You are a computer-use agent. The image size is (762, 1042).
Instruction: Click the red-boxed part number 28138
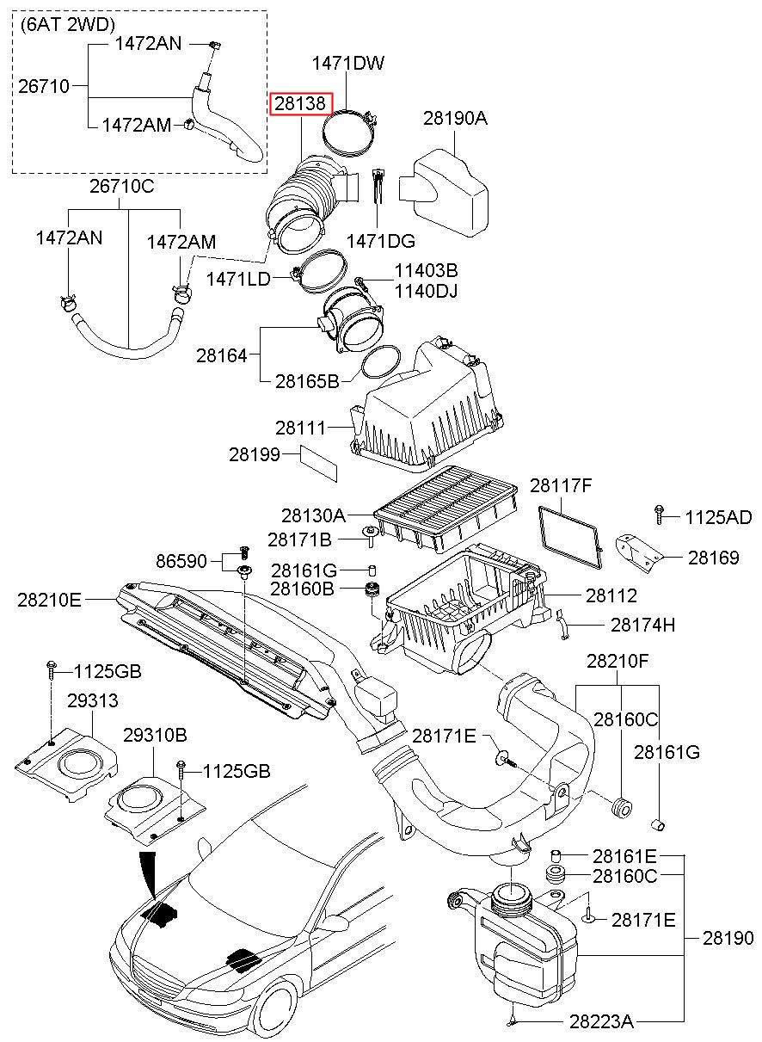coord(300,103)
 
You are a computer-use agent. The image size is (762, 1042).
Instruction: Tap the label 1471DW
coord(347,63)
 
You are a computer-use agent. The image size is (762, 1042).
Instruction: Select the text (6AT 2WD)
coord(68,24)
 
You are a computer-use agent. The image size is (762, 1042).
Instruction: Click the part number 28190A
coord(455,118)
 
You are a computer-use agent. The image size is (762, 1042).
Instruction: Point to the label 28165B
coord(307,381)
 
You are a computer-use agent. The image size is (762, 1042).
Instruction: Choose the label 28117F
coord(561,485)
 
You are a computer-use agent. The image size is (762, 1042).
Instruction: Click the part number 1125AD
coord(718,517)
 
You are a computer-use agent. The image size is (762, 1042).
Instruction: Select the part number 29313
coord(93,700)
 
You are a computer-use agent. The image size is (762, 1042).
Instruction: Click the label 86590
coord(181,561)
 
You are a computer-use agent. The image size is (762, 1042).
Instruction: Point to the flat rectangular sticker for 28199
coord(318,463)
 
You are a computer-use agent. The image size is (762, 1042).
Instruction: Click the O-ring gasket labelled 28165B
coord(380,362)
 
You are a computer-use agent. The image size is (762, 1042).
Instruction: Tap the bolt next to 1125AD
coord(659,515)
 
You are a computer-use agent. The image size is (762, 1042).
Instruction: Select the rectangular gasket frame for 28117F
coord(571,538)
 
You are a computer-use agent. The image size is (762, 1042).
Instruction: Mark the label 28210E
coord(49,600)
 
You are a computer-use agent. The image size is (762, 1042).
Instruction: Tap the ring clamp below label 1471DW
coord(350,132)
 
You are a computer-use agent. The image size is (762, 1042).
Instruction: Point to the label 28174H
coord(642,626)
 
